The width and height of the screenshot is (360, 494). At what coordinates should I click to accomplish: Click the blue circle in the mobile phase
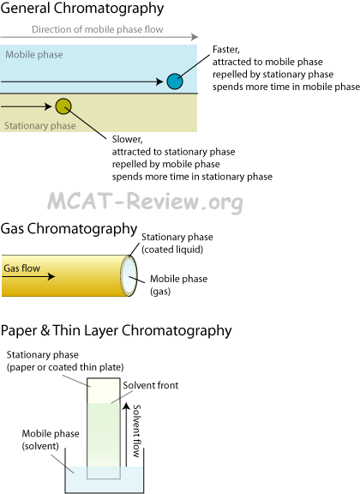coord(175,81)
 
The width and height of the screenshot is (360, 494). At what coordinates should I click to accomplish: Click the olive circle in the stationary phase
coord(63,106)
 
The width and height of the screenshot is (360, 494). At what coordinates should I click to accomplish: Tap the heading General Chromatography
coord(82,9)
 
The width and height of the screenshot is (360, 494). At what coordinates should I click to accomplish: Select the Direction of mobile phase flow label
coord(98,29)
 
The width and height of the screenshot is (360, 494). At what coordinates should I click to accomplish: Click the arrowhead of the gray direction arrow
coord(195,37)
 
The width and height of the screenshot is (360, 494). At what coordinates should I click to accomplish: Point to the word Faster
coord(225,50)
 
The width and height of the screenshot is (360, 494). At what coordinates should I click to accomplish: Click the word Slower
coord(127,139)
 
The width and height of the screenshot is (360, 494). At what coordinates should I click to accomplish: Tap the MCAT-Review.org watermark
coord(145,202)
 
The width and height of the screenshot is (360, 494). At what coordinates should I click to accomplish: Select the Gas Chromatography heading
coord(69,229)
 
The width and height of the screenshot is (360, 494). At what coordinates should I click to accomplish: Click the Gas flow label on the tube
coord(21,268)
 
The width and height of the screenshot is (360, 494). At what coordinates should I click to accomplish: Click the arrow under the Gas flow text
coord(28,277)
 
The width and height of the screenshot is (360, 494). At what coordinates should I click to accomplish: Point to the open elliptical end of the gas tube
coord(129,275)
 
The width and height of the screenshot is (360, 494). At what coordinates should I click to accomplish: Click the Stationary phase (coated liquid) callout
coord(177,244)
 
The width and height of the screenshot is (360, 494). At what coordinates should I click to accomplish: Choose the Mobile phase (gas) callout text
coord(178,285)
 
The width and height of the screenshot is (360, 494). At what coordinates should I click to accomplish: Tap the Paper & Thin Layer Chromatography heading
coord(116,331)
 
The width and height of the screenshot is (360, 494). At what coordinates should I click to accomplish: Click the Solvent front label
coord(151,385)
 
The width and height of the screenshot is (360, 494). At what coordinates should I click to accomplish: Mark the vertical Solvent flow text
coord(136,431)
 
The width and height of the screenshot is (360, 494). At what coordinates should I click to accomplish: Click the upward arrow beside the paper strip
coord(126,434)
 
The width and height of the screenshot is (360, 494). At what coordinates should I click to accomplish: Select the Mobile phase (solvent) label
coord(51,440)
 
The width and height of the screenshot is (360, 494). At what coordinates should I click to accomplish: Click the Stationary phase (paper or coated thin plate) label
coord(65,361)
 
